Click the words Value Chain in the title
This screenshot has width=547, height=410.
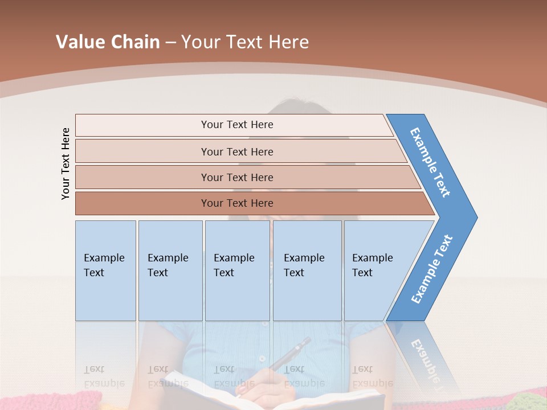[x=108, y=42]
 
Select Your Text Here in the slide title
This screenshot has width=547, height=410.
[x=245, y=42]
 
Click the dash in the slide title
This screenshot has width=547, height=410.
[x=170, y=43]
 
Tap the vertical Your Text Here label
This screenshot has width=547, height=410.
[x=66, y=163]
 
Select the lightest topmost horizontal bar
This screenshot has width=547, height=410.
[x=234, y=125]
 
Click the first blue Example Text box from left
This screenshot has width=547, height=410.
[x=105, y=270]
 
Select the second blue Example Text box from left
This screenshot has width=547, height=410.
[x=170, y=270]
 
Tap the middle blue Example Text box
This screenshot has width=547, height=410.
[x=237, y=270]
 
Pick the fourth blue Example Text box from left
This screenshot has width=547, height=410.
[x=307, y=270]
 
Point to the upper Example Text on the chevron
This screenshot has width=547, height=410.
[x=431, y=163]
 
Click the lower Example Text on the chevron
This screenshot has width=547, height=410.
[x=432, y=269]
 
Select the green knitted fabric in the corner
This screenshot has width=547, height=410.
[x=527, y=402]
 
